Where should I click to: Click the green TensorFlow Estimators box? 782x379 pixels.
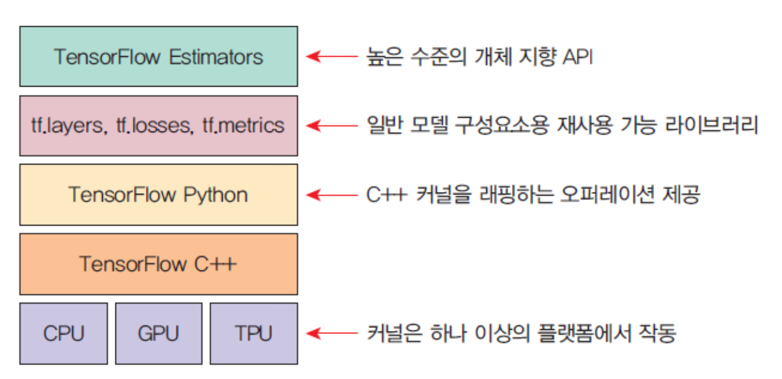click(x=158, y=56)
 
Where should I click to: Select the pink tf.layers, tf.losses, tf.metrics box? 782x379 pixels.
click(x=158, y=125)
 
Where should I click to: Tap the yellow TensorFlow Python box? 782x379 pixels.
click(x=158, y=194)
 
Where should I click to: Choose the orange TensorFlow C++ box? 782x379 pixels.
click(x=158, y=264)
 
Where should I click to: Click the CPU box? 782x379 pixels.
click(x=64, y=333)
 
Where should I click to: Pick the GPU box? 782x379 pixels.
click(x=158, y=333)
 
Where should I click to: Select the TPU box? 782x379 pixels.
click(x=253, y=333)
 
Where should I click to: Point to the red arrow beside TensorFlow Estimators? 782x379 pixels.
click(x=330, y=57)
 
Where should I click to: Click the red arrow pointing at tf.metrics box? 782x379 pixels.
click(x=330, y=126)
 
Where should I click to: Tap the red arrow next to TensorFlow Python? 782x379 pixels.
click(x=330, y=195)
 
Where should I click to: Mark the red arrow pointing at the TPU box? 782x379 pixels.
click(x=330, y=333)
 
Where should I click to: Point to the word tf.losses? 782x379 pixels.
click(x=153, y=126)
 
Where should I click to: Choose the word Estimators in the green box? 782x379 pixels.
click(x=216, y=57)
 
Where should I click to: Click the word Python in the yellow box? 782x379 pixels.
click(x=216, y=195)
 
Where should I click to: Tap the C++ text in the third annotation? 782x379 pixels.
click(x=386, y=195)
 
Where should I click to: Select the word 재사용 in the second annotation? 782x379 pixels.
click(x=572, y=126)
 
